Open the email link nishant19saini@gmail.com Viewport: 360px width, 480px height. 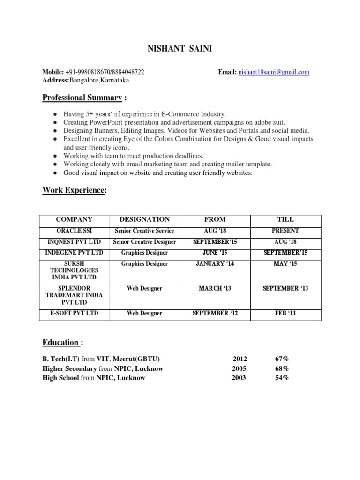274,72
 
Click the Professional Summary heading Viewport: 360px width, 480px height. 82,98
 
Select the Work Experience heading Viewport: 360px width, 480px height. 74,190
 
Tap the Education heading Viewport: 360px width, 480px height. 61,342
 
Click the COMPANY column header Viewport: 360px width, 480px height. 74,219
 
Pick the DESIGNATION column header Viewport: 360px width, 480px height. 144,219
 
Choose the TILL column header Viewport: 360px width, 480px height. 285,219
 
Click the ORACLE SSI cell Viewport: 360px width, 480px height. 74,231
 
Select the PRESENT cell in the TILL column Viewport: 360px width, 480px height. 285,231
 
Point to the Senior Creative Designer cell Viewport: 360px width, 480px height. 144,242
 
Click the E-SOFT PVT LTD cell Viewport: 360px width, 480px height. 74,313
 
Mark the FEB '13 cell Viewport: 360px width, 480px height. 285,313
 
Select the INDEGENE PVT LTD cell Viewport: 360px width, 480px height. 74,253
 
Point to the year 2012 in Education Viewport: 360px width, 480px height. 240,359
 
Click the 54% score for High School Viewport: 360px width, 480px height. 282,378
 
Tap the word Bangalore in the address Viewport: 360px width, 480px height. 85,80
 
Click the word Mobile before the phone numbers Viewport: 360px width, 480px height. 52,72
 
